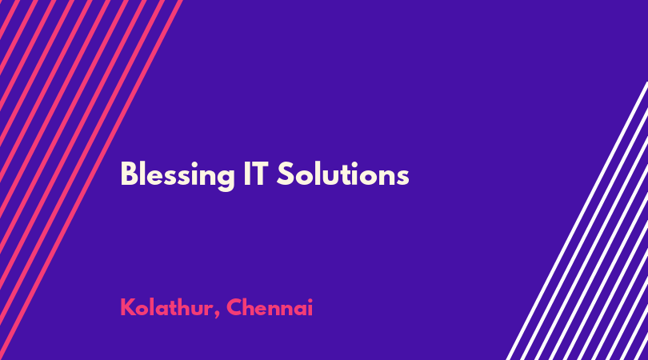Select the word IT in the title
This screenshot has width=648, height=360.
click(256, 174)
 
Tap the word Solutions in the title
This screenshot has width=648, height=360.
click(343, 174)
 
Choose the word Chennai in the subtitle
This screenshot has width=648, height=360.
click(270, 307)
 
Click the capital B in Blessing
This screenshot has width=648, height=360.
click(128, 174)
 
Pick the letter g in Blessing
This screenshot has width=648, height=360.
click(226, 179)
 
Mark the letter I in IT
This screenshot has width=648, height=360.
click(246, 174)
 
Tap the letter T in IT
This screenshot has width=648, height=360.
click(261, 174)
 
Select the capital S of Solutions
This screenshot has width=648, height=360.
click(285, 174)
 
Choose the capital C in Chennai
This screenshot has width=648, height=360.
click(234, 307)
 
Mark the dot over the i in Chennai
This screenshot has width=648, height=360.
click(310, 301)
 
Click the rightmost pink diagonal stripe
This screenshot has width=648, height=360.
click(91, 180)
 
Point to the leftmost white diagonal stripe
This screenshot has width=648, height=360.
click(578, 221)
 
